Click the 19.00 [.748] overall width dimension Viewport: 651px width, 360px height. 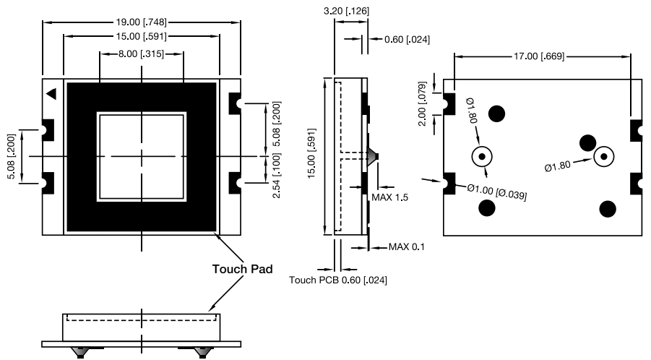click(x=142, y=22)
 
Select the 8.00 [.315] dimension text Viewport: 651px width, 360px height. click(x=142, y=54)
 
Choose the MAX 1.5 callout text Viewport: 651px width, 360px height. click(x=390, y=197)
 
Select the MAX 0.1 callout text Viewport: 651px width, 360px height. click(x=407, y=247)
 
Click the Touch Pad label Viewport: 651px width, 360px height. click(x=242, y=269)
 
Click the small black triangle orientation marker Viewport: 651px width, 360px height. click(x=51, y=93)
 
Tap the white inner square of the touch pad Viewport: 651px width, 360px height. click(x=142, y=156)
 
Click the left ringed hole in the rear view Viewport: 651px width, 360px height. click(x=481, y=156)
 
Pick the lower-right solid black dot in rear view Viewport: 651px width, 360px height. click(x=608, y=208)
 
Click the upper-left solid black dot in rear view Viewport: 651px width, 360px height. click(x=497, y=113)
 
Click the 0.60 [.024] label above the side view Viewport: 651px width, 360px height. click(x=400, y=39)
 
